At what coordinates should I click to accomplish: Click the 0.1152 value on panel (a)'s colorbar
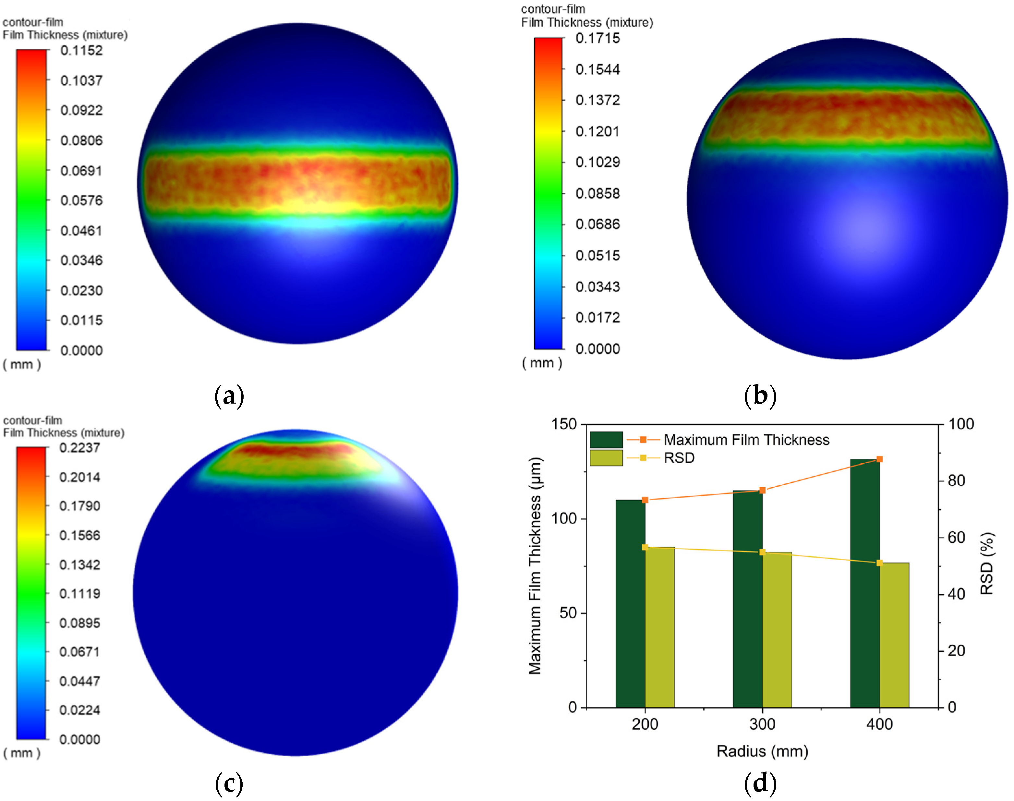(81, 51)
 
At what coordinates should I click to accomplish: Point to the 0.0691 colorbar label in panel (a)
(81, 171)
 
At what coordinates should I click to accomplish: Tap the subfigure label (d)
(760, 783)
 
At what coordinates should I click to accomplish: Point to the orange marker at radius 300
(762, 490)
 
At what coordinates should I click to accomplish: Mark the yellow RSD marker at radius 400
(879, 563)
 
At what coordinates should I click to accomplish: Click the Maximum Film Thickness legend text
(746, 440)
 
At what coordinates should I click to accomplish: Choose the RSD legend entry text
(679, 458)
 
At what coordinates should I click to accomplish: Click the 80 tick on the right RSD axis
(956, 481)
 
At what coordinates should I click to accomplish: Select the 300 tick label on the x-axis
(762, 724)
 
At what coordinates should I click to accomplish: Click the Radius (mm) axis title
(762, 751)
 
